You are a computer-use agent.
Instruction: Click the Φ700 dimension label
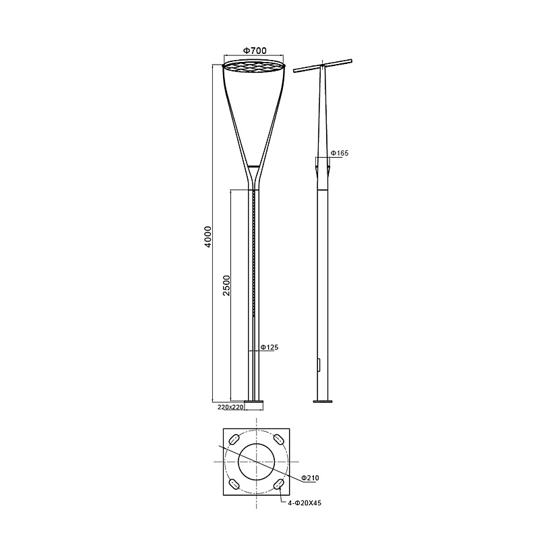[255, 51]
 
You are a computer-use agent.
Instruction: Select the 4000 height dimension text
[208, 236]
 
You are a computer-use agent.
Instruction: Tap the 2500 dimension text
[226, 285]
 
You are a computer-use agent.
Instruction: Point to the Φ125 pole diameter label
[269, 347]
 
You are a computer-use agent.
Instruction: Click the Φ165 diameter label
[340, 153]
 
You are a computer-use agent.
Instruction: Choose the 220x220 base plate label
[230, 408]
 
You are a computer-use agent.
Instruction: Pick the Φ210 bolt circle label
[310, 478]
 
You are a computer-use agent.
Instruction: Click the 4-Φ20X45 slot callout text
[305, 503]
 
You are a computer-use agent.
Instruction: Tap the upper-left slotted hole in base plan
[234, 439]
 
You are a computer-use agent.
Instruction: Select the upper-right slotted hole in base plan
[278, 439]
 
